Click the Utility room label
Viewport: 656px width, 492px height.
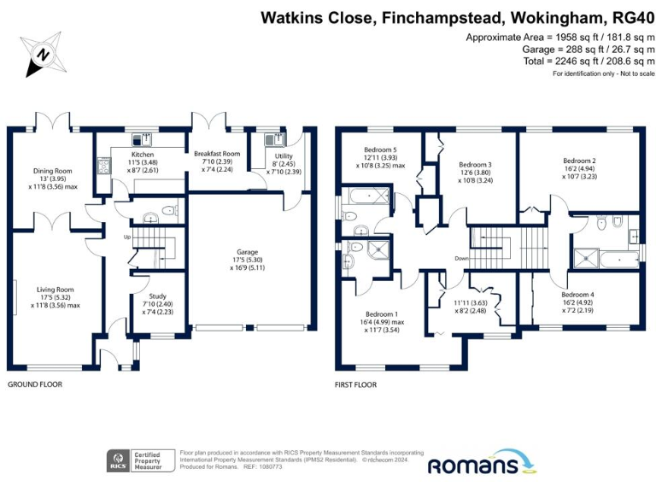(272, 157)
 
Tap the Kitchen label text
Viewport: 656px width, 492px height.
(143, 155)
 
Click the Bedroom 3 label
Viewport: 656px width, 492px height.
(475, 165)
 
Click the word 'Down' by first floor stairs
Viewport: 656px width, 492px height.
(462, 258)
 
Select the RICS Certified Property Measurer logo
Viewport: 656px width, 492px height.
(140, 461)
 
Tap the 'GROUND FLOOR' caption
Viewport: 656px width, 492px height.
(35, 385)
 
